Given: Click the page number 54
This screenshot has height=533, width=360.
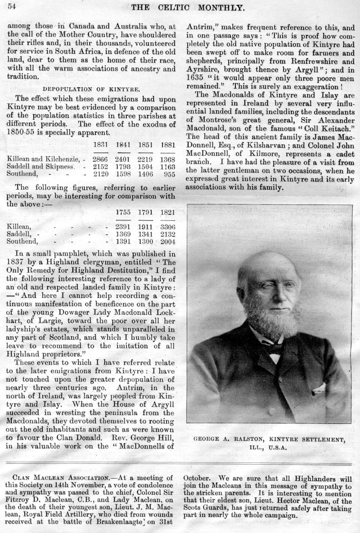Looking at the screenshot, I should (12, 6).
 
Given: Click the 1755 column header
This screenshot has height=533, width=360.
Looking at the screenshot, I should (124, 212).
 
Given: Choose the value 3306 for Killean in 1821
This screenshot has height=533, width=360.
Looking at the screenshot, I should (168, 227).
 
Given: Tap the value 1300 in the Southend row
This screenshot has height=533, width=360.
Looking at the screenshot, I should (146, 241).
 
